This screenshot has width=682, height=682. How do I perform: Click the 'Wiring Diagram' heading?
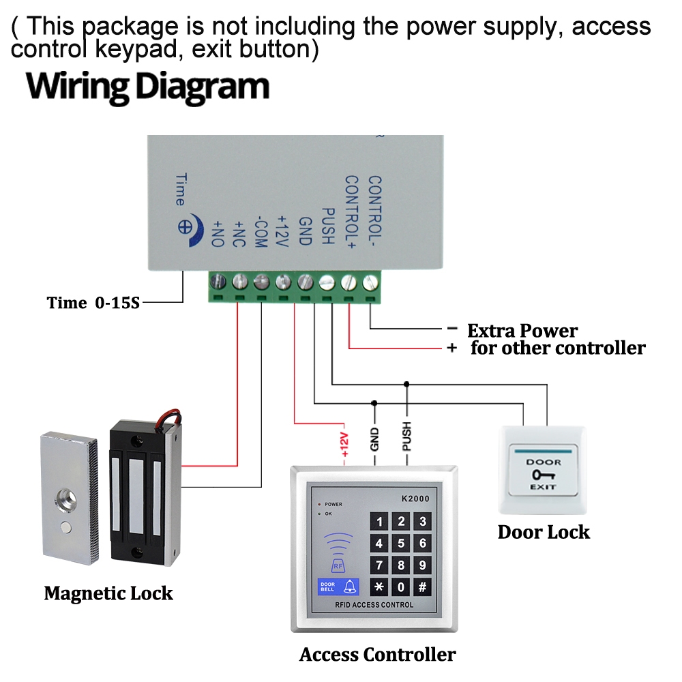[x=148, y=87]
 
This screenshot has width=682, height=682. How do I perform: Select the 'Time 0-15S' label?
[x=93, y=303]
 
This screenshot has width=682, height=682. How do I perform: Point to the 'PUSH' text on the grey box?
[x=327, y=226]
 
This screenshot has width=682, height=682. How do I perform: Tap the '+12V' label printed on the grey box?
[x=282, y=231]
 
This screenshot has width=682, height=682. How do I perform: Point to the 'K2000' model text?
[x=415, y=499]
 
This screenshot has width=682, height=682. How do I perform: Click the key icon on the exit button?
[x=544, y=475]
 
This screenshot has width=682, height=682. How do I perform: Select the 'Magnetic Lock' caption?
[x=108, y=593]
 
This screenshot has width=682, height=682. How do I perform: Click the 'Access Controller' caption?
[x=377, y=655]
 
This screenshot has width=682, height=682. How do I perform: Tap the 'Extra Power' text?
[x=522, y=331]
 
